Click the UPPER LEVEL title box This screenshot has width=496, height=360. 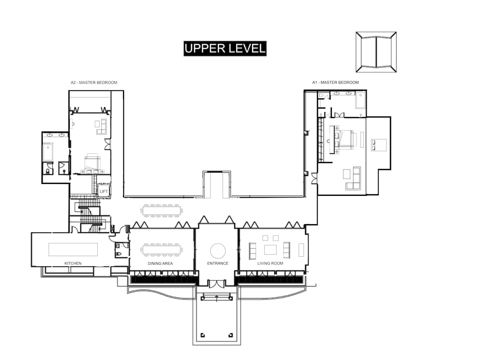(225, 49)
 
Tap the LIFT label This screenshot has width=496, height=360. (104, 191)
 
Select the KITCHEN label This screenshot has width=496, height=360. (73, 263)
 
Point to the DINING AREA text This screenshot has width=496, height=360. (160, 263)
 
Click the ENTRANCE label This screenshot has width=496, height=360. (218, 263)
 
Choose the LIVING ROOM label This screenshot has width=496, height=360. (270, 263)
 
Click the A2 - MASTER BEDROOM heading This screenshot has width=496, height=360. (94, 83)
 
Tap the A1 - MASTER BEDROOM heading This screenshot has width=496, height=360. (336, 83)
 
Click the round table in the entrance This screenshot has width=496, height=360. (218, 251)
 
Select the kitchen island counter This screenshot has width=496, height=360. (73, 249)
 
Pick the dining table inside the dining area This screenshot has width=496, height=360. (162, 249)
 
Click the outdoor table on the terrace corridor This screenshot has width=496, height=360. (162, 211)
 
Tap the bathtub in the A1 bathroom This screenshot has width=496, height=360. (360, 100)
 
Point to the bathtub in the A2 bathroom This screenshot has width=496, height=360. (48, 152)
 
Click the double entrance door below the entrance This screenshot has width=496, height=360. (217, 284)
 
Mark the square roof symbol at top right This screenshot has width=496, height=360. (376, 52)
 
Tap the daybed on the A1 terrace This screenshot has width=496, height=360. (378, 145)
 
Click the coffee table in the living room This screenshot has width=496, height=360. (270, 250)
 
